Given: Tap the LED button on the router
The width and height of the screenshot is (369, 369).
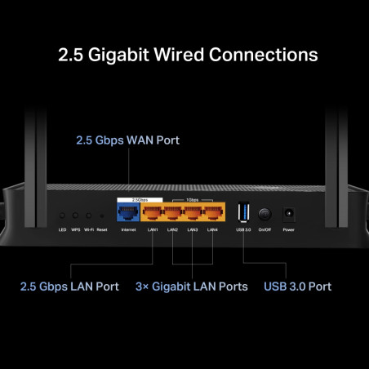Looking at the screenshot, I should coord(62,216).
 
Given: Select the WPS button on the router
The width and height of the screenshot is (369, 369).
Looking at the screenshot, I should coord(75,216).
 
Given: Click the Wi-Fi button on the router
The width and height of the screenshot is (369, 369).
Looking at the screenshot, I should coord(88,216).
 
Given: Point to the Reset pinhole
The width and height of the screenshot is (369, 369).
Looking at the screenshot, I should coord(101,216).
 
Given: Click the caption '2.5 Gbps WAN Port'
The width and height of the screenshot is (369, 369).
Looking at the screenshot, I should coord(127,140).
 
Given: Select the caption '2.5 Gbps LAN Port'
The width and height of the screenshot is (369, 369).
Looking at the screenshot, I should coord(69,287).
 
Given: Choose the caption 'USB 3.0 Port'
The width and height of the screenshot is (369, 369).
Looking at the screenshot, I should coord(297,287).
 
